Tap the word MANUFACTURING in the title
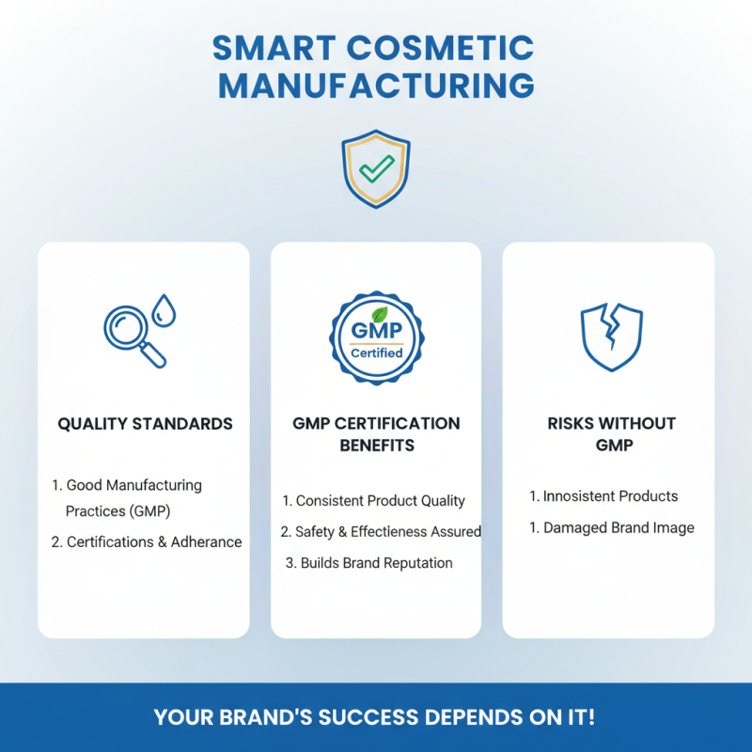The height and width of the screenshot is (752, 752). pyautogui.click(x=376, y=86)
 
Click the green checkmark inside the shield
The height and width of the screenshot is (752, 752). pyautogui.click(x=376, y=168)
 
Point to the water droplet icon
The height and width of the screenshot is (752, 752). pyautogui.click(x=164, y=309)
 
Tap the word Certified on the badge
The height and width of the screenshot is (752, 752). pyautogui.click(x=376, y=353)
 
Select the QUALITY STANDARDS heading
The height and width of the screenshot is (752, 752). pyautogui.click(x=145, y=424)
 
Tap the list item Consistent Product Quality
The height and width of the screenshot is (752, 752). pyautogui.click(x=374, y=501)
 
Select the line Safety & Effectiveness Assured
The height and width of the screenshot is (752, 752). pyautogui.click(x=381, y=532)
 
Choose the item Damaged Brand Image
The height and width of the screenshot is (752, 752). pyautogui.click(x=611, y=527)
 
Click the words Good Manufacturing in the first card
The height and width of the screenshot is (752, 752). pyautogui.click(x=133, y=485)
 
